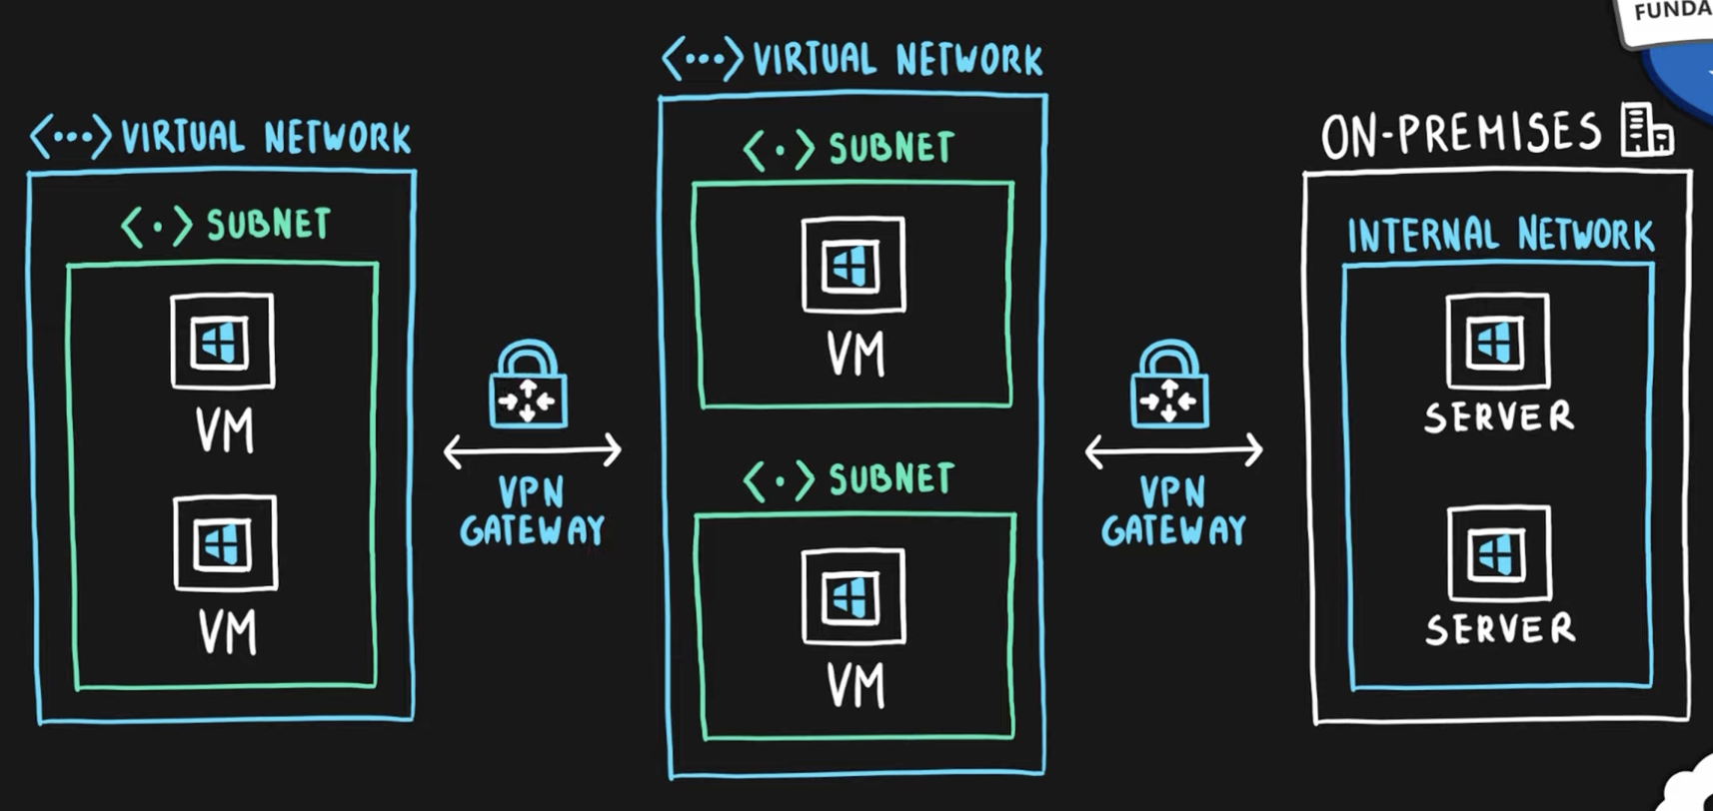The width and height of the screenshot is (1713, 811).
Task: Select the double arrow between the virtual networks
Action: coord(532,451)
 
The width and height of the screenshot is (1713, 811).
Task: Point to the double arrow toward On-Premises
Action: coord(1173,451)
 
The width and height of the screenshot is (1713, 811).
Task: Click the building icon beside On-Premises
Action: coord(1646,130)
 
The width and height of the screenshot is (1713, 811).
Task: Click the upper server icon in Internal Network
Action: coord(1497,342)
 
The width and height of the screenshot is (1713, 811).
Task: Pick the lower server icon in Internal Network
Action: coord(1499,553)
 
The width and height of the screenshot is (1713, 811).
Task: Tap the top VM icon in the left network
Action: coord(222,342)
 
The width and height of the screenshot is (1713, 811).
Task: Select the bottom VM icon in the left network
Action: coord(225,543)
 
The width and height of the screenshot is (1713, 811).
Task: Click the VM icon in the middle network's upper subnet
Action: coord(853,265)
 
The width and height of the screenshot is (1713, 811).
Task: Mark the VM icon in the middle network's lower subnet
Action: coord(853,596)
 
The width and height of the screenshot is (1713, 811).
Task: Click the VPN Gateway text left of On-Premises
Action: coord(1173,510)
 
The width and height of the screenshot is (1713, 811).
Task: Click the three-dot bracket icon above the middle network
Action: coord(702,59)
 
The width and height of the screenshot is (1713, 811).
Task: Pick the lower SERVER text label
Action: coord(1500,629)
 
